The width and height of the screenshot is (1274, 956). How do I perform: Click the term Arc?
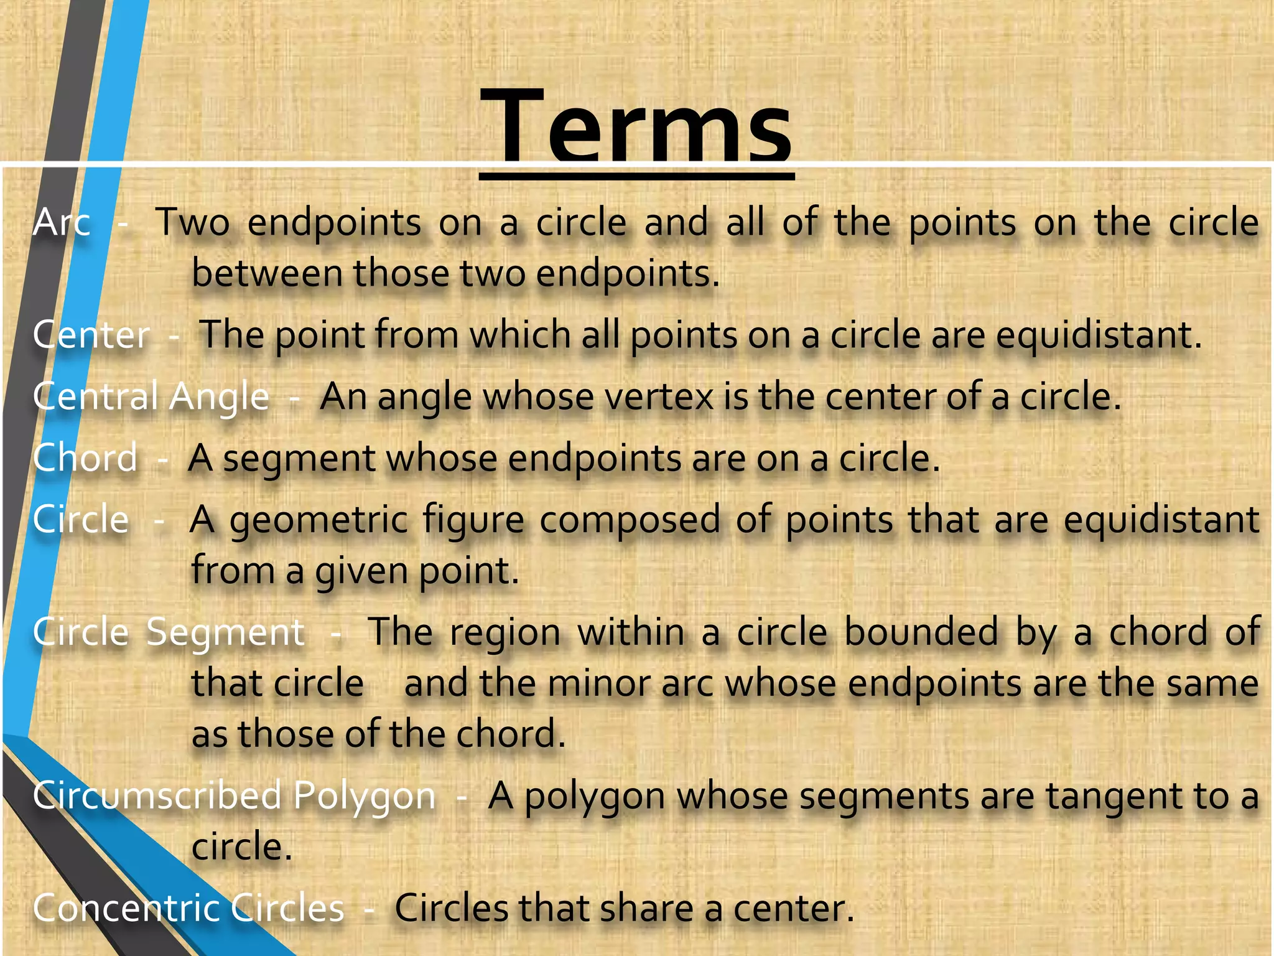(62, 222)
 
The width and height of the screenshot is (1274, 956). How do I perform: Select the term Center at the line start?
(91, 335)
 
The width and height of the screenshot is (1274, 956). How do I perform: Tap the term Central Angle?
(151, 397)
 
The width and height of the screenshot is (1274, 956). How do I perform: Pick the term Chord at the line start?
(85, 459)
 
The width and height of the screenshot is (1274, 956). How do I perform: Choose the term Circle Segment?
(169, 632)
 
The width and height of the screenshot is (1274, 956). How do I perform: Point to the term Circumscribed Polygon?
(234, 795)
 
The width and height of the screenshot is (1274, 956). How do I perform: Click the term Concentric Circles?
(188, 908)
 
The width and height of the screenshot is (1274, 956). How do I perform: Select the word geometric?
(318, 520)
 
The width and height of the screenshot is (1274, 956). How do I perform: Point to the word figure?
(474, 520)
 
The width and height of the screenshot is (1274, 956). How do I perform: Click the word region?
(505, 632)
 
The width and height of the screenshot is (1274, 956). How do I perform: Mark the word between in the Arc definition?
(267, 273)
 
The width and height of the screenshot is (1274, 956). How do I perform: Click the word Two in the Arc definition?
(192, 222)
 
